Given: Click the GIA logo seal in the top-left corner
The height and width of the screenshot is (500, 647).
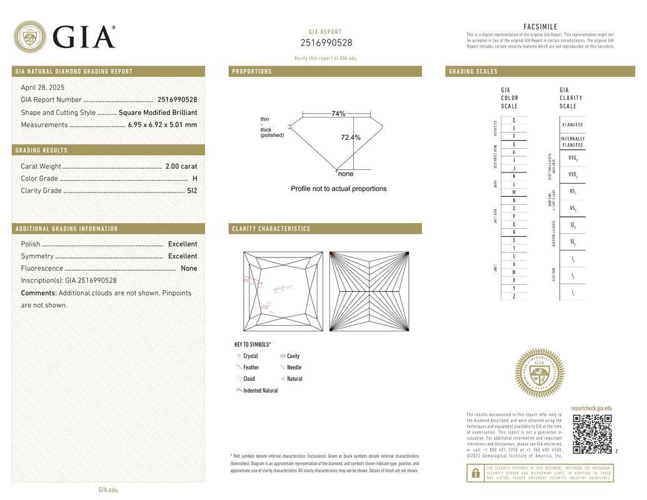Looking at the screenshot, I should tap(29, 37).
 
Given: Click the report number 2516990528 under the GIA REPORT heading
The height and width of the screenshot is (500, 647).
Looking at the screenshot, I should tap(326, 43).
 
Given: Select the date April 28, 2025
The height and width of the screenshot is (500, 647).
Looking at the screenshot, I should tap(43, 87).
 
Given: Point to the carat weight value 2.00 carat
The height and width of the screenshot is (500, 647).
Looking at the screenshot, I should tap(181, 166).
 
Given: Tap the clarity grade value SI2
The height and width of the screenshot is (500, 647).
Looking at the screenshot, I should tap(192, 191).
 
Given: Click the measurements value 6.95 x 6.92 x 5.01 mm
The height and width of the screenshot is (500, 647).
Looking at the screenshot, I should tap(163, 125).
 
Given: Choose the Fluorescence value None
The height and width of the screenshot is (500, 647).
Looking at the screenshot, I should tap(189, 268).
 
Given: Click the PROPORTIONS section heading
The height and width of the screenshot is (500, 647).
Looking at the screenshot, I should tap(253, 72).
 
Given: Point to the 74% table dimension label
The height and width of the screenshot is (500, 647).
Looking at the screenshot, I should tap(338, 114).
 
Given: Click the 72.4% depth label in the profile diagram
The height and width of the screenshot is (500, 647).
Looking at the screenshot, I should tap(351, 137).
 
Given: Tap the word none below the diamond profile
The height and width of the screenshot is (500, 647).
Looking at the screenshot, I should tap(346, 174).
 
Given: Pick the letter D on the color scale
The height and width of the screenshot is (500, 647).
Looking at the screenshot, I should tap(514, 121).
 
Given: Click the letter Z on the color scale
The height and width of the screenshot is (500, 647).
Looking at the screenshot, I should tap(514, 296).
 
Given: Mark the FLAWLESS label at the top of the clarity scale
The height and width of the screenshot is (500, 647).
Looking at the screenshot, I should tap(573, 125).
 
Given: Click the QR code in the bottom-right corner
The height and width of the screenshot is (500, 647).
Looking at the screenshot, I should tap(592, 434).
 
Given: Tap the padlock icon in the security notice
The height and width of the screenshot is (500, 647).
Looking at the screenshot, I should tap(476, 474).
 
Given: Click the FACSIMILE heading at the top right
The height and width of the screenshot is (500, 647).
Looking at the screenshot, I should tap(540, 27).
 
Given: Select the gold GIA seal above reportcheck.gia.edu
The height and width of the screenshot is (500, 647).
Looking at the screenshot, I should tap(539, 373).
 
